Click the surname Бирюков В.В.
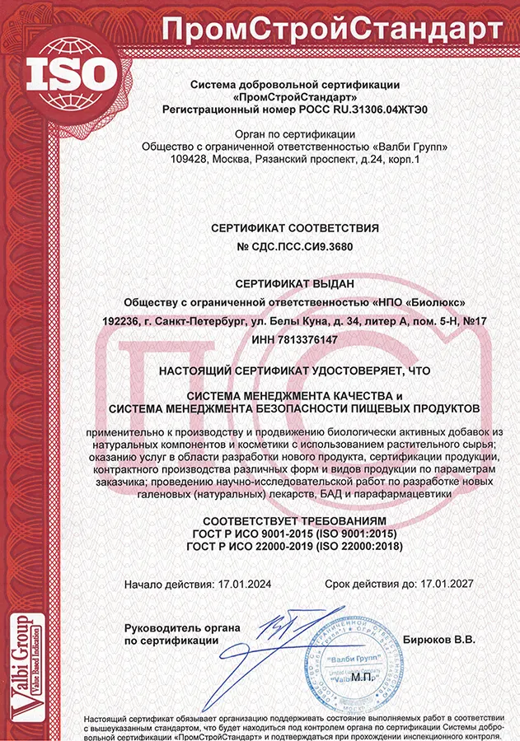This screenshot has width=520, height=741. coord(440,640)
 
